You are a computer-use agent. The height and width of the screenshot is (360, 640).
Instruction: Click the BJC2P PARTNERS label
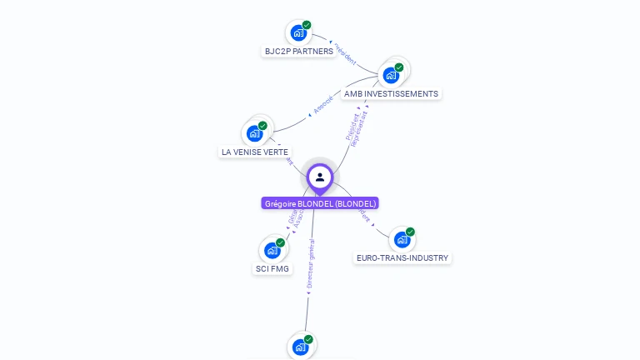pyautogui.click(x=299, y=52)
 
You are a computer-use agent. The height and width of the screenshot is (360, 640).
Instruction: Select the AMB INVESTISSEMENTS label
pyautogui.click(x=391, y=94)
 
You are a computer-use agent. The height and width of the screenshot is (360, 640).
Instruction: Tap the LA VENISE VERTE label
pyautogui.click(x=255, y=152)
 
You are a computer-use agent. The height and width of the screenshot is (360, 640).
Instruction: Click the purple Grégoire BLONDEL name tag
pyautogui.click(x=320, y=203)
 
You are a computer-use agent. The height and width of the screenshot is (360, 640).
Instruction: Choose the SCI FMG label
pyautogui.click(x=272, y=268)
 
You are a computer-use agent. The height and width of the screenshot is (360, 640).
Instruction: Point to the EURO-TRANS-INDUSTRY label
pyautogui.click(x=402, y=258)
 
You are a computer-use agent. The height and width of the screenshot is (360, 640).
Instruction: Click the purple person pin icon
pyautogui.click(x=320, y=177)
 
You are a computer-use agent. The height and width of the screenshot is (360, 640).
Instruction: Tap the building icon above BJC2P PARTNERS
pyautogui.click(x=297, y=33)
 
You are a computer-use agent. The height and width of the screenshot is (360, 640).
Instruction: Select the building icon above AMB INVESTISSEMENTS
pyautogui.click(x=390, y=75)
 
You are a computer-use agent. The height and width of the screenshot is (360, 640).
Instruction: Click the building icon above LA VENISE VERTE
pyautogui.click(x=254, y=133)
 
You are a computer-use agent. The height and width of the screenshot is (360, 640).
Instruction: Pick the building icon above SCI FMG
pyautogui.click(x=272, y=250)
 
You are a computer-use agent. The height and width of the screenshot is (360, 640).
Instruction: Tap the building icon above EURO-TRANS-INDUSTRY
pyautogui.click(x=402, y=240)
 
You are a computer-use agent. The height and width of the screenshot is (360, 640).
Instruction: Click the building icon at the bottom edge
pyautogui.click(x=300, y=347)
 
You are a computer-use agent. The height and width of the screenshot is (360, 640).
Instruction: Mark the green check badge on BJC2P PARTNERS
pyautogui.click(x=307, y=25)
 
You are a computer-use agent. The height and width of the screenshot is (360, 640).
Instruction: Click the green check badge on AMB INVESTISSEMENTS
pyautogui.click(x=399, y=67)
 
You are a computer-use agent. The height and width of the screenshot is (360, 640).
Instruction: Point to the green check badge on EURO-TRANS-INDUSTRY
pyautogui.click(x=410, y=232)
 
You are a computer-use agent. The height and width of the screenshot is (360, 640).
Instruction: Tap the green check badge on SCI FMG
pyautogui.click(x=280, y=242)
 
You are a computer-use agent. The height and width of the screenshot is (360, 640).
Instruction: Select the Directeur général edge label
pyautogui.click(x=310, y=265)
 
